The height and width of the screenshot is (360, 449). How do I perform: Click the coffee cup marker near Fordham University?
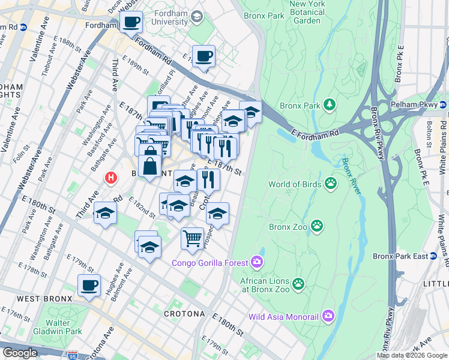[x=131, y=23]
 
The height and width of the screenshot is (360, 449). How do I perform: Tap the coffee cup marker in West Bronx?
[x=89, y=286]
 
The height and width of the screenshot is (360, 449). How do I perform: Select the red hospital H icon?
[x=110, y=178]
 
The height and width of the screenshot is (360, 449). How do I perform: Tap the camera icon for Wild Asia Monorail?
[x=328, y=315]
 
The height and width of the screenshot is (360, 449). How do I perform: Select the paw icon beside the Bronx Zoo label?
[x=316, y=226]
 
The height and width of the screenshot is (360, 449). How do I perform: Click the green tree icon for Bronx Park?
[x=329, y=106]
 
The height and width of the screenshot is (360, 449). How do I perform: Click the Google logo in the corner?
[x=20, y=353]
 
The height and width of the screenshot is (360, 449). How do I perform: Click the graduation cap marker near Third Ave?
[x=105, y=214]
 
